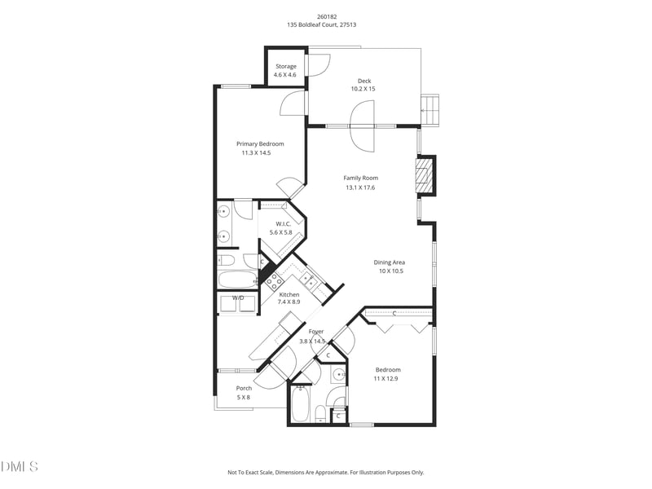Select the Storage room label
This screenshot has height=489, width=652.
tap(285, 66)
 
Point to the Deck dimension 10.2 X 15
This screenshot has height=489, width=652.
tap(363, 89)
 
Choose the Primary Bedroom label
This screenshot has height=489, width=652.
tap(260, 143)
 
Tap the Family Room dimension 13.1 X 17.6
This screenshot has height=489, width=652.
tap(360, 187)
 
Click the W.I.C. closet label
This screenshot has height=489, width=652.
tap(283, 223)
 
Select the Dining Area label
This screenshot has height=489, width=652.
tap(390, 262)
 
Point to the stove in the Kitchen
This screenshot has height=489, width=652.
tap(273, 282)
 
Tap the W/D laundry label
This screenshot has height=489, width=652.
tap(238, 297)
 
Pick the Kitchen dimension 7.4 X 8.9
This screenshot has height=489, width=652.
tap(289, 302)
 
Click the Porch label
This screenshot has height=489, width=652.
tap(244, 388)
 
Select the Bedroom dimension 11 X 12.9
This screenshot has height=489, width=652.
tap(387, 379)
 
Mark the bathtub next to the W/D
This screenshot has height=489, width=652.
tap(238, 280)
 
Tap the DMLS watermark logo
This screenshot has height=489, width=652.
tap(20, 466)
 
